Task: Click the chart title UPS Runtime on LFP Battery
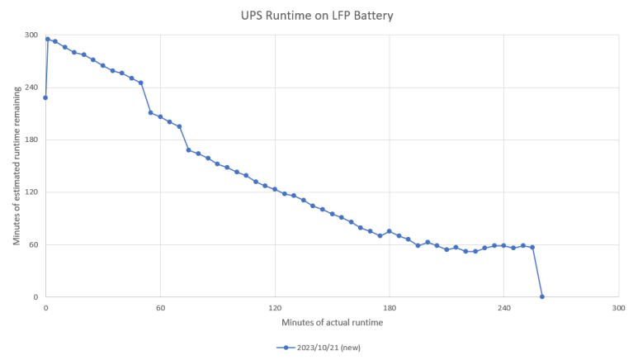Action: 317,16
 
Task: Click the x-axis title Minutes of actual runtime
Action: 333,322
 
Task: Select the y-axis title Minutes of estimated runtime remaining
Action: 17,166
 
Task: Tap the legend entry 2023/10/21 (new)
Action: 319,348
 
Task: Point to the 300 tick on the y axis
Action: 31,36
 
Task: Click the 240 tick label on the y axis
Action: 31,88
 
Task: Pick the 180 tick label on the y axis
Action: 31,140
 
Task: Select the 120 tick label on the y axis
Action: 31,192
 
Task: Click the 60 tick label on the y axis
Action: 34,244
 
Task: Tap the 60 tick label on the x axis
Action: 160,308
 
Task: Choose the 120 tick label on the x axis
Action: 275,308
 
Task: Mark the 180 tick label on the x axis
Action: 390,308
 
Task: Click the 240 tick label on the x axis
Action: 503,308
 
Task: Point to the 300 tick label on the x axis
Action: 618,308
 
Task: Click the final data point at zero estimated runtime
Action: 542,296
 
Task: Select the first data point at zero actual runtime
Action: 45,97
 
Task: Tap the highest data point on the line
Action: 48,39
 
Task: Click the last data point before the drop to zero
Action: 532,247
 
